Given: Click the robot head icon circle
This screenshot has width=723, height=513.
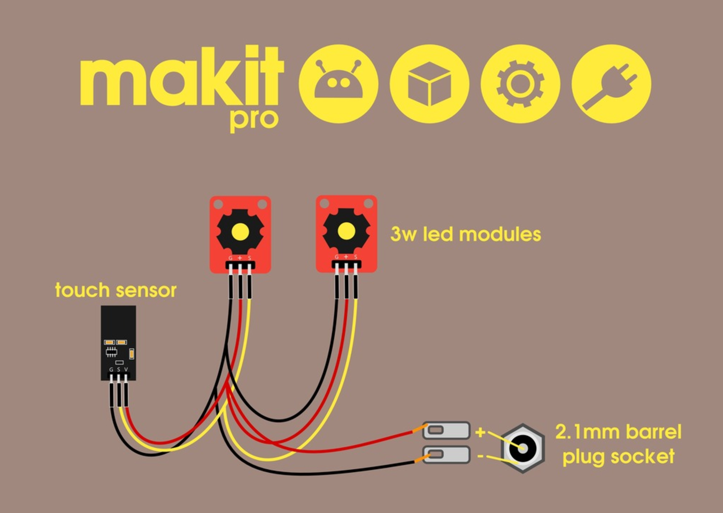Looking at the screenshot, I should point(338,84).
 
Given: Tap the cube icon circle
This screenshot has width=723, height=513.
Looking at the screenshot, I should point(429,84).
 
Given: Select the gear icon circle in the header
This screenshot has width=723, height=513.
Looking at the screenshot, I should point(520,84).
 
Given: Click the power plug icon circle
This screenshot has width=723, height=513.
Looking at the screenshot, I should point(611,84).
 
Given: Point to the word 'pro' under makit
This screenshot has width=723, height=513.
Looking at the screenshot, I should point(254,120).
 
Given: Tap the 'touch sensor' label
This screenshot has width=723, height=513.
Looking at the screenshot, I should point(116,290).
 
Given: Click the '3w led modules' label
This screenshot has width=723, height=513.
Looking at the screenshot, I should point(465,234).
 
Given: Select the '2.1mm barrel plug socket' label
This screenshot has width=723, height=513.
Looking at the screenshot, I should point(618,444).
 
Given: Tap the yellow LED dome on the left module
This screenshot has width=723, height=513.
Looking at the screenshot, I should point(240,231).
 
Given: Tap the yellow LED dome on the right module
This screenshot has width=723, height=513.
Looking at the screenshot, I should point(346,231).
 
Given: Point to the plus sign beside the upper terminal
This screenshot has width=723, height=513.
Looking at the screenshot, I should point(480,431).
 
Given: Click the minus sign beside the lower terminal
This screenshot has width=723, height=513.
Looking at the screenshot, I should point(480,456).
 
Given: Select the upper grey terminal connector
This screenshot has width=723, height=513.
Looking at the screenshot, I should point(447,430).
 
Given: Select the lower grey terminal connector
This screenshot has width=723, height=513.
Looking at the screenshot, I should point(447,454).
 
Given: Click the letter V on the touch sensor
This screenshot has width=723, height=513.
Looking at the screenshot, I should point(126,369).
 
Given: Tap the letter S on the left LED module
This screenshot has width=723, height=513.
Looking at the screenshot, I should point(249,258).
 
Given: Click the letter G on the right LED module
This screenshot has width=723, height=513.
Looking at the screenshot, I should point(336,257).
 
